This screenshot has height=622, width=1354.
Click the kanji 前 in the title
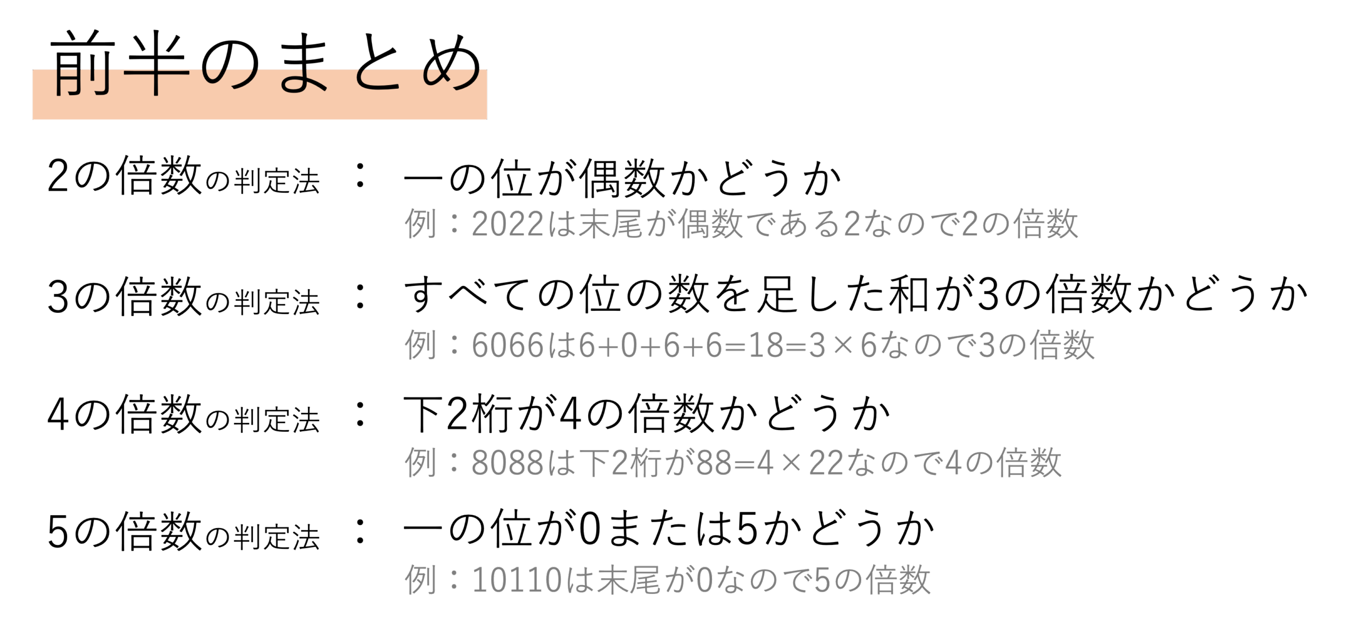tap(83, 63)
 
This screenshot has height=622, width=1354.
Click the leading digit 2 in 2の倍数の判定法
tap(58, 177)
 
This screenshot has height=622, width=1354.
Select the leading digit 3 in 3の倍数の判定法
tap(58, 298)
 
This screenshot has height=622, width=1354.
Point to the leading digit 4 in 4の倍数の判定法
tap(58, 414)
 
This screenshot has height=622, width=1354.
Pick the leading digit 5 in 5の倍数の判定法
tap(58, 532)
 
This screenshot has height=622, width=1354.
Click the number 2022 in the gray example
tap(508, 224)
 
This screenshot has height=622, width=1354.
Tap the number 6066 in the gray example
tap(508, 346)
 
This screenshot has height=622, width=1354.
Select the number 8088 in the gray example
tap(508, 463)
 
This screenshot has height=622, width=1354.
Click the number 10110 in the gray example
tap(517, 580)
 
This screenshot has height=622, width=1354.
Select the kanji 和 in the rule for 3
tap(909, 294)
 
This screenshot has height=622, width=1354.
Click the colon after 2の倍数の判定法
tap(361, 175)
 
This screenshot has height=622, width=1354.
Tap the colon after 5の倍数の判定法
tap(361, 531)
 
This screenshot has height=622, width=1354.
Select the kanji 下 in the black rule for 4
tap(423, 414)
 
